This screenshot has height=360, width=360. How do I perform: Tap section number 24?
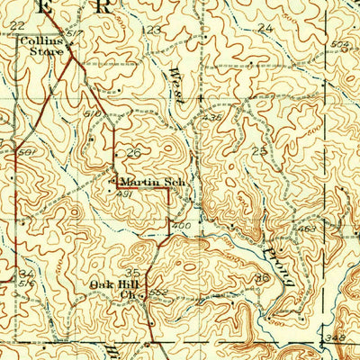[264, 28]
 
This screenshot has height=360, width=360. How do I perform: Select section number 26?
[135, 152]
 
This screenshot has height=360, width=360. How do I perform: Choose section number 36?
[262, 279]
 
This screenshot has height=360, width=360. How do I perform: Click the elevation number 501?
[26, 152]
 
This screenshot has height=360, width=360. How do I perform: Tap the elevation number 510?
[91, 115]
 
